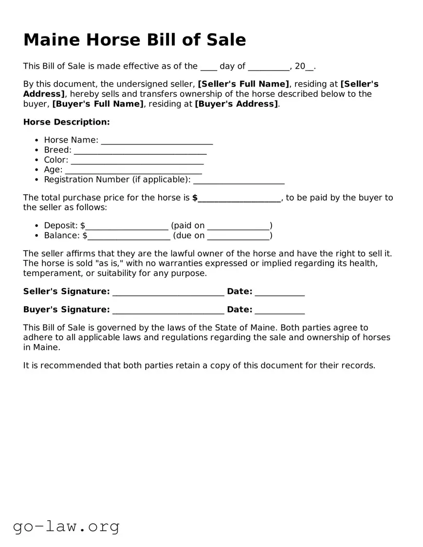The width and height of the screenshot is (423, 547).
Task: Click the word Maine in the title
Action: click(52, 39)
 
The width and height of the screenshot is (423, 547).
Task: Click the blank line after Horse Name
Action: click(157, 141)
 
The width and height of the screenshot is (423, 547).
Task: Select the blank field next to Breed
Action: click(140, 150)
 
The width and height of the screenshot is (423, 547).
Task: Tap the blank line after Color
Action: click(137, 160)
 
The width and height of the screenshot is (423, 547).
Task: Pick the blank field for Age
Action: click(133, 170)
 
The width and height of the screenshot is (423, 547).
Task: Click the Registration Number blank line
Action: click(239, 180)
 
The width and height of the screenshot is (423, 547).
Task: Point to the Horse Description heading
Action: click(67, 122)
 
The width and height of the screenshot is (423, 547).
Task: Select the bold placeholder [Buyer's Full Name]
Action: click(98, 104)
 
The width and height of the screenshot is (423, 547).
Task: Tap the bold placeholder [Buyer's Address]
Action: click(237, 104)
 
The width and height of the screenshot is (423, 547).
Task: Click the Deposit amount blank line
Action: click(127, 226)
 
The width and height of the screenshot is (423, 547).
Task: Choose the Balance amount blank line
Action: click(129, 236)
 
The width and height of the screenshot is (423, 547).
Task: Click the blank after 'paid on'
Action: click(238, 226)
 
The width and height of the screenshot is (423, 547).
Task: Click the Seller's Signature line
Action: click(168, 292)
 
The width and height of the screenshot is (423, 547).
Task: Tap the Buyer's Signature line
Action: click(168, 310)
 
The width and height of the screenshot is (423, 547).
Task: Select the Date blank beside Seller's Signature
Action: click(279, 292)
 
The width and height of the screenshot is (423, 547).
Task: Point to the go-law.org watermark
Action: click(66, 526)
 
